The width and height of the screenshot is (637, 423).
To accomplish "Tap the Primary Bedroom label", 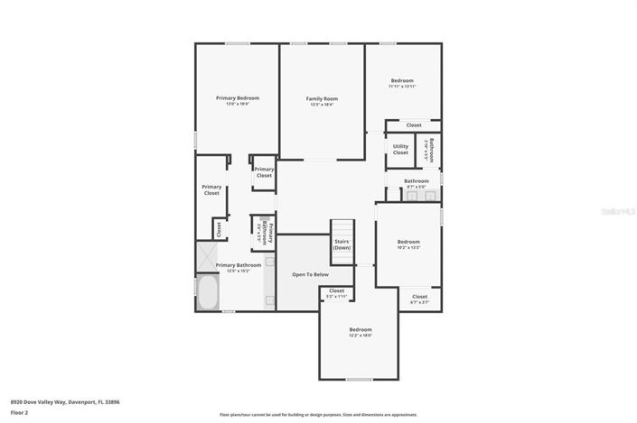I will point(237,97).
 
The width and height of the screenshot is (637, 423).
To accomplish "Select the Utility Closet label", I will point(400,149).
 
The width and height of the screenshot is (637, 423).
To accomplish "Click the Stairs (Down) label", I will point(342,244).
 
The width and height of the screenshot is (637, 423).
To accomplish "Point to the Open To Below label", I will point(310,274).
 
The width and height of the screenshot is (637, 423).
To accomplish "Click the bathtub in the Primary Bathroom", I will point(207,294).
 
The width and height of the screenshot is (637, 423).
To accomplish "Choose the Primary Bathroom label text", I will point(239,264).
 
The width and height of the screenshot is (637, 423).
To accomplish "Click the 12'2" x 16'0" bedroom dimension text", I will point(361,335).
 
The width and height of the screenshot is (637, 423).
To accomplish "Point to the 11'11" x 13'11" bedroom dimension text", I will point(402,86).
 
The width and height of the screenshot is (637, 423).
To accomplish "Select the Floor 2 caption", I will point(19,412).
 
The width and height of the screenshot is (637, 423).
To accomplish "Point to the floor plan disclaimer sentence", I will point(318,415).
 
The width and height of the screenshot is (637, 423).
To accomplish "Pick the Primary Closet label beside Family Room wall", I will point(264,172).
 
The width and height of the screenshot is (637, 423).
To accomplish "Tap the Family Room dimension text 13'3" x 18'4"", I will point(321,104).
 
